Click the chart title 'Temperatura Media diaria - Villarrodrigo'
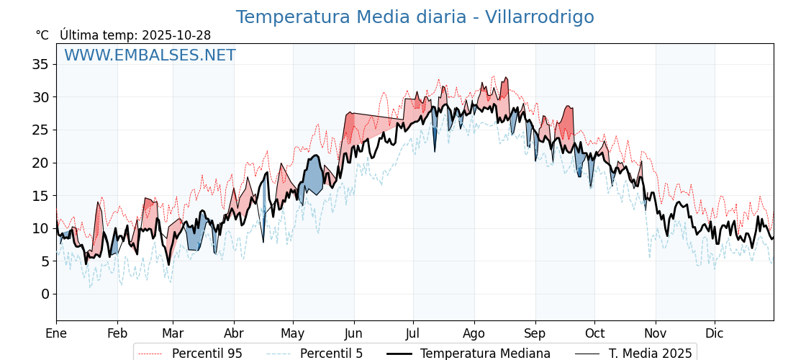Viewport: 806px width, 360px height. [415, 17]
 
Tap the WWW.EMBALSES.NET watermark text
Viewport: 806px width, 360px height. [150, 55]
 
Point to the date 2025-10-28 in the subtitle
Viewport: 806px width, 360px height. [176, 35]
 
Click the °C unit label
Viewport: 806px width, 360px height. [42, 35]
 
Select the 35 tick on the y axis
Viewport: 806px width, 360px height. [40, 65]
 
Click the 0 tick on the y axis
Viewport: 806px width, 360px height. [45, 294]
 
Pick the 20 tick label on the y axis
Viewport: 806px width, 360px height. [40, 163]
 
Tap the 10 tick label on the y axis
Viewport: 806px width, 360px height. [40, 228]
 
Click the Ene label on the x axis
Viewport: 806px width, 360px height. [56, 333]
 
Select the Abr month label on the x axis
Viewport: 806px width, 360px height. [234, 333]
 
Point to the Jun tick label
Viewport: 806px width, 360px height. [354, 333]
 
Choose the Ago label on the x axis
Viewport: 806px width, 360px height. [474, 333]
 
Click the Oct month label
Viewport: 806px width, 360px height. [594, 333]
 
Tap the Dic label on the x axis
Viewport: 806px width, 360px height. [715, 333]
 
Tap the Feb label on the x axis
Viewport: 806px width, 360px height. [117, 333]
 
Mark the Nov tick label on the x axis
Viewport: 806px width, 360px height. [656, 333]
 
